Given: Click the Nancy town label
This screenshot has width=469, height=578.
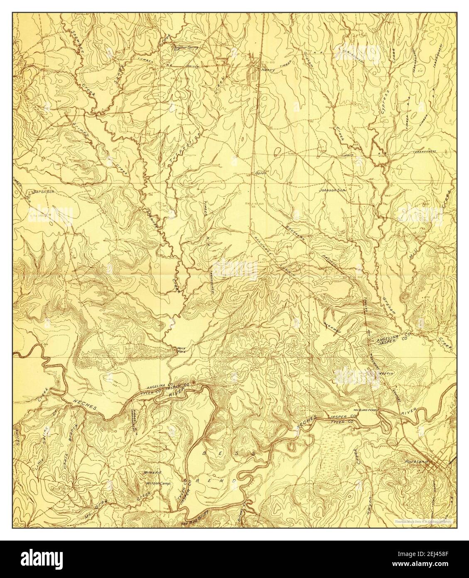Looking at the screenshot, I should [x=267, y=70].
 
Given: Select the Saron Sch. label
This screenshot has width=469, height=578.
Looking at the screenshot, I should [x=41, y=193].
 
